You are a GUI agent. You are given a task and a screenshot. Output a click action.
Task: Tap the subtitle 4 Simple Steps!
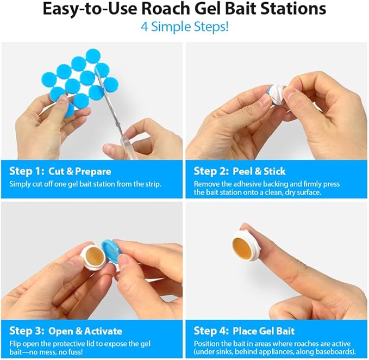184,26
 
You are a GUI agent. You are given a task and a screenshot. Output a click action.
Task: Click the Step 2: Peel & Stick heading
240,171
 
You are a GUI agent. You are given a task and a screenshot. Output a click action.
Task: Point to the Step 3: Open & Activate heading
65,331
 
